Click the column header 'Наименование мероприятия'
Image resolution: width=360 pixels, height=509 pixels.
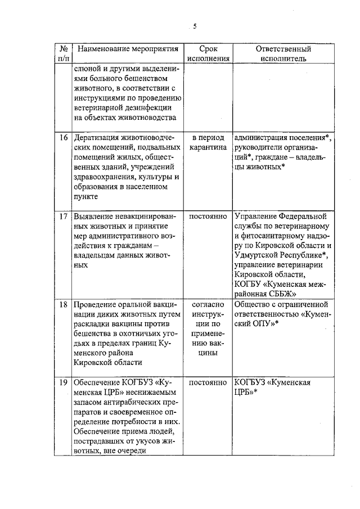pos(124,49)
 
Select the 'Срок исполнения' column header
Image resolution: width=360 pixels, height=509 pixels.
pos(208,53)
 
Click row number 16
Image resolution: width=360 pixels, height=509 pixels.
pos(64,138)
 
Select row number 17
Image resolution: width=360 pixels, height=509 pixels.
pos(64,217)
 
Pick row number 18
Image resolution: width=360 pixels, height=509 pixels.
pos(64,304)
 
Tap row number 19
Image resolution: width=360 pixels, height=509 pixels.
pos(64,382)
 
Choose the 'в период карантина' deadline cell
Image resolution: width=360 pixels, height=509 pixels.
pos(208,143)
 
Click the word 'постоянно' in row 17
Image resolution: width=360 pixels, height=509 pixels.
pos(208,217)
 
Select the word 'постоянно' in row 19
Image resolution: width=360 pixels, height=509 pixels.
pos(208,382)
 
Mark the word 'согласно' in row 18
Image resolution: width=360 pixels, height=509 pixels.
pos(208,304)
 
